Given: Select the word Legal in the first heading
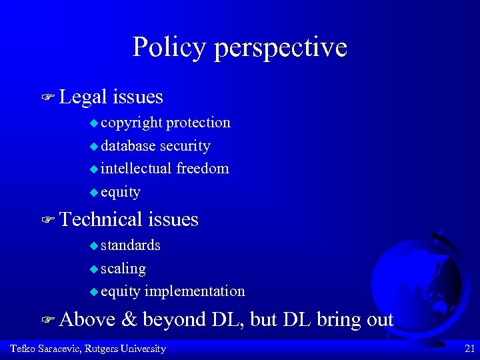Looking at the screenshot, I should pos(83,97).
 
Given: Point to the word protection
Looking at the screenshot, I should pos(199,123).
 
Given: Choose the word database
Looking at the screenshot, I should pos(129,146).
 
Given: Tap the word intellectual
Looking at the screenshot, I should pos(137,169).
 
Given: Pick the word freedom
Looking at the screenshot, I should pos(203,169).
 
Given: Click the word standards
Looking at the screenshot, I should pos(131,245).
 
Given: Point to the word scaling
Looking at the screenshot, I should pos(123,269).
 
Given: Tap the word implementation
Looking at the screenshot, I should pos(195,291).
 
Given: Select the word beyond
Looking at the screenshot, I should pos(174,320).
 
